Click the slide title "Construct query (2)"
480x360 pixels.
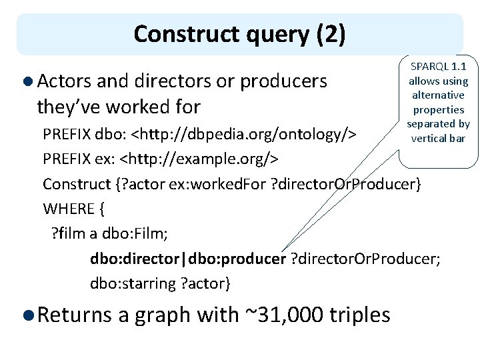click(x=239, y=34)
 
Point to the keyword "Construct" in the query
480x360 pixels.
click(x=75, y=184)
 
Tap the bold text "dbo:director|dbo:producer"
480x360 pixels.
click(x=188, y=259)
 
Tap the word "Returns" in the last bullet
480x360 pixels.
click(x=74, y=314)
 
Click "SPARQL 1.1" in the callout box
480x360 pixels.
click(x=438, y=67)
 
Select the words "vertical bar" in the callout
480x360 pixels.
click(x=438, y=139)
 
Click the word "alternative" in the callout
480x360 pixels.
click(x=438, y=95)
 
